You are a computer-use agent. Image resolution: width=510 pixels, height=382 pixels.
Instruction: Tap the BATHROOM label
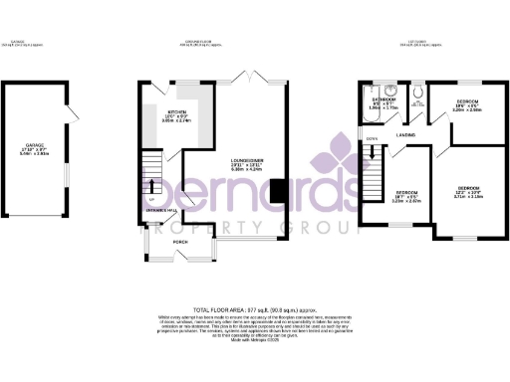tap(385, 99)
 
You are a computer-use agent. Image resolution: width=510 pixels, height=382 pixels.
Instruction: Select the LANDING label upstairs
tap(405, 133)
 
